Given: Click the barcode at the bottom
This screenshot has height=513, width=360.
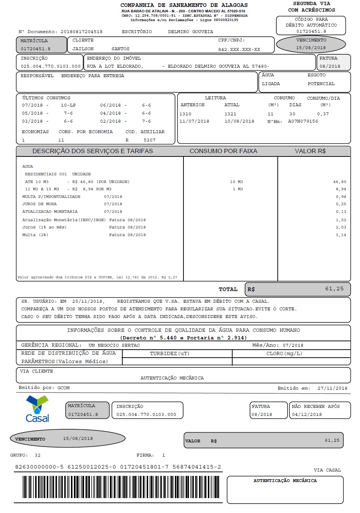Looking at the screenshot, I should point(120,487).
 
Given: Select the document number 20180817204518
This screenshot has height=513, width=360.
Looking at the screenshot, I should point(81,32).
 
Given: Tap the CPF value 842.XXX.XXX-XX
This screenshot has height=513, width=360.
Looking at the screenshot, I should point(239,49).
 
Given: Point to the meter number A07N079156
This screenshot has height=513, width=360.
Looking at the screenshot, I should point(303,122).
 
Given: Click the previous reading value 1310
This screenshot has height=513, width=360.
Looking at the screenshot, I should point(185,114).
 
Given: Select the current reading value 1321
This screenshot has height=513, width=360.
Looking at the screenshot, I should point(230,114).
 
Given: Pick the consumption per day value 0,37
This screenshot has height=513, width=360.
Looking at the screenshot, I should point(323,114).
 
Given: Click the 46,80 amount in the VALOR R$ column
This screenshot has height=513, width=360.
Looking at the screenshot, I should point(340,182).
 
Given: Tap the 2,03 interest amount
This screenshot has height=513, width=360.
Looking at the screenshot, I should point(341,227).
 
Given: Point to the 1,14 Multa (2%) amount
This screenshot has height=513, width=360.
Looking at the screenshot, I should point(341,235).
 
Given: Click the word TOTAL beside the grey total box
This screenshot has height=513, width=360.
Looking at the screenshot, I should point(228,289).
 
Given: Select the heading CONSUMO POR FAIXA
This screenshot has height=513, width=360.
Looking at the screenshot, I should point(223,151).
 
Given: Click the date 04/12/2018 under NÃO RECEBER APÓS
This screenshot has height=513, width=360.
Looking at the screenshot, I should point(307,414).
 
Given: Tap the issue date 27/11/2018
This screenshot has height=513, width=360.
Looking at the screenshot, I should point(332,388).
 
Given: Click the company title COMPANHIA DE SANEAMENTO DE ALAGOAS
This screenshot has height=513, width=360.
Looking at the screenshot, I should point(184,5).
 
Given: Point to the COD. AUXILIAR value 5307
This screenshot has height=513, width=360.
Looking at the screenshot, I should point(150,140).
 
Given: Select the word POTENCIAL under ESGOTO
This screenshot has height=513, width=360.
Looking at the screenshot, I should point(321,84).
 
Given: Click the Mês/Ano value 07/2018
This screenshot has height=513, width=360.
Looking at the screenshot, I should point(293,345).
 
